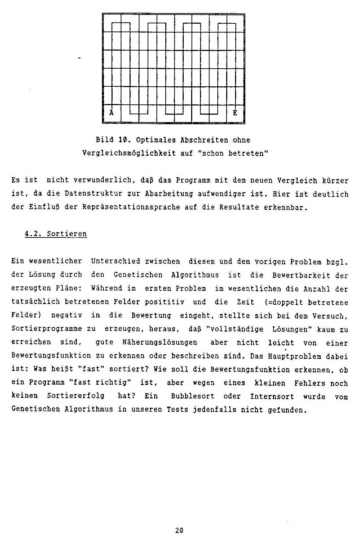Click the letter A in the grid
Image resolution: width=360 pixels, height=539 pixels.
pos(112,113)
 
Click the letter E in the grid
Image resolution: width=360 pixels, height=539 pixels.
pos(235,113)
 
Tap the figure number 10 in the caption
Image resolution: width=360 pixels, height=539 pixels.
pos(122,140)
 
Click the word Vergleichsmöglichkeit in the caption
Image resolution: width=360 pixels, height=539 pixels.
pos(129,153)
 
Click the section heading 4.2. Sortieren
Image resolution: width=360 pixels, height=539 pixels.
pos(56,234)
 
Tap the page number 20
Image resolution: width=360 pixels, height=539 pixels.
pos(179,530)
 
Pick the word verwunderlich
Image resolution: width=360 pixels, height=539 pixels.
pos(104,180)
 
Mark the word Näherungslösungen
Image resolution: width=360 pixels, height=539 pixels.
pos(160,343)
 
